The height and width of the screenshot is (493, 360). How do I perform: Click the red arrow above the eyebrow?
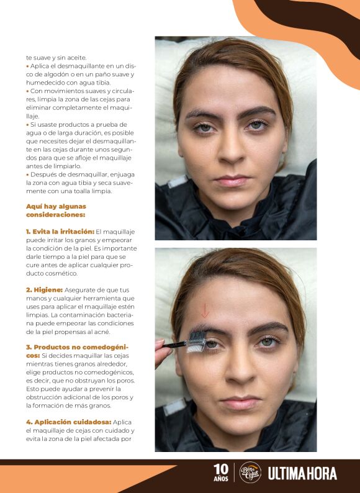tap(205, 310)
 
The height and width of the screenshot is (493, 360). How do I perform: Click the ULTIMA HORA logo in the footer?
tap(302, 474)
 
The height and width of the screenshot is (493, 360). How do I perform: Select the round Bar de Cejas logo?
tap(250, 473)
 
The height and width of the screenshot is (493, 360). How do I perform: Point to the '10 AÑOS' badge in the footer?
tap(221, 473)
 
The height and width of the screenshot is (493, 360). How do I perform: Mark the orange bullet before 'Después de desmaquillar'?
tap(27, 174)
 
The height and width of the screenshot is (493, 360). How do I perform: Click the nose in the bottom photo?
tap(238, 373)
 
